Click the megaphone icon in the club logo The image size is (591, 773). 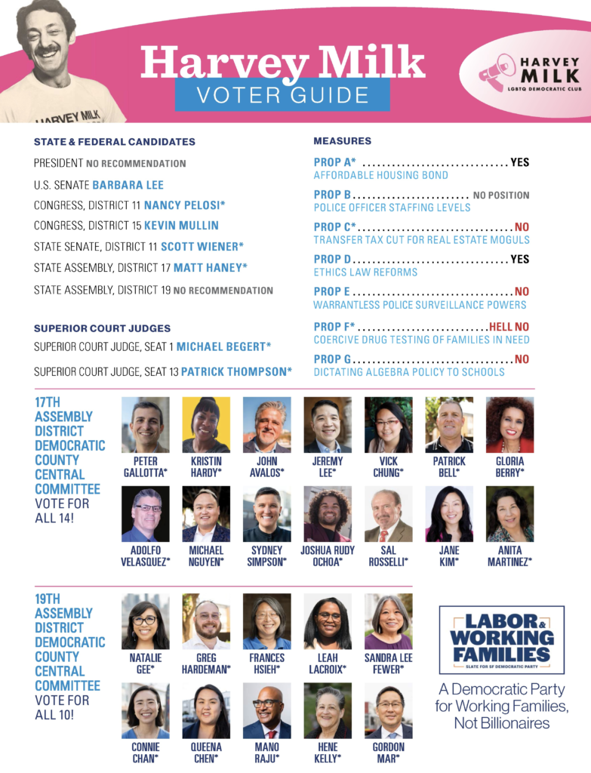tap(497, 72)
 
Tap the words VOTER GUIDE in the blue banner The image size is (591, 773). tap(282, 95)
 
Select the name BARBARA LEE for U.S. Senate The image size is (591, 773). tap(128, 185)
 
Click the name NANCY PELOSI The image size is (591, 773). tap(184, 205)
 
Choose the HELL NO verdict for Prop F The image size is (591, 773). tap(509, 327)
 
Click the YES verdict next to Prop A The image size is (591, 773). tap(520, 162)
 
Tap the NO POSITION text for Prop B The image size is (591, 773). tap(501, 195)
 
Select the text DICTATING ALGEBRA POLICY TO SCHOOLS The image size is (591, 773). tap(409, 372)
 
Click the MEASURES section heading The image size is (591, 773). tap(342, 141)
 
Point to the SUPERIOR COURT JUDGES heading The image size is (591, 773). tap(102, 328)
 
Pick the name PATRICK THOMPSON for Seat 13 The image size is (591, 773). tap(236, 371)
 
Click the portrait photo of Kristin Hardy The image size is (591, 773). tap(206, 425)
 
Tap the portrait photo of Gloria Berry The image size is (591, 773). tap(509, 425)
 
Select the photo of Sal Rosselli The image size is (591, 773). tap(388, 514)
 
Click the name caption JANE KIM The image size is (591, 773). tap(449, 556)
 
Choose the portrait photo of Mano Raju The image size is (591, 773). tap(266, 710)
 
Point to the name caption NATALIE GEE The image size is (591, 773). tap(146, 663)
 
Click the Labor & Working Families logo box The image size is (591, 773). tap(501, 639)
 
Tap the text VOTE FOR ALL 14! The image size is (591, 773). tap(61, 510)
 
